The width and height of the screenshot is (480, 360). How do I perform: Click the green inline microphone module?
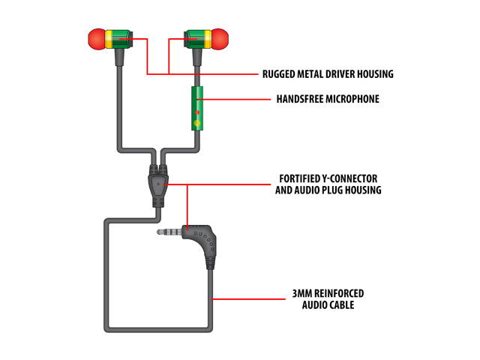click(197, 108)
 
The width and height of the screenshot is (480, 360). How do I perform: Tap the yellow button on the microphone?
click(197, 122)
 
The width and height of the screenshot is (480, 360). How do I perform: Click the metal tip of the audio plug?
click(166, 232)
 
